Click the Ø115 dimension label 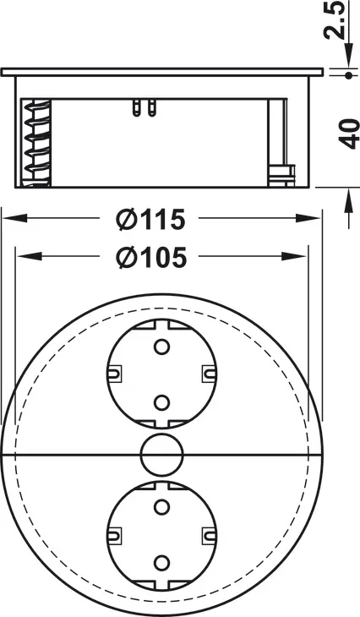pos(150,219)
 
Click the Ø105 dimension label pos(150,258)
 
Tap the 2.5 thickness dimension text pos(335,19)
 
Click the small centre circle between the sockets pos(162,455)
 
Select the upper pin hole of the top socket pos(161,347)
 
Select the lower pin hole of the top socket pos(161,402)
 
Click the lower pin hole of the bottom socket pos(161,563)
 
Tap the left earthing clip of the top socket pos(114,374)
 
